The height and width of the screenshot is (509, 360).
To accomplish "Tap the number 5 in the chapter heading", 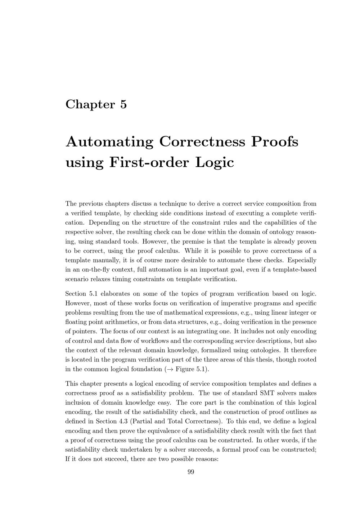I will tap(123, 104).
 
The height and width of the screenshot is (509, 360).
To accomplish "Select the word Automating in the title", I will tap(109, 141).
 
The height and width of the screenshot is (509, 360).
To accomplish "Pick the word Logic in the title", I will tap(215, 163).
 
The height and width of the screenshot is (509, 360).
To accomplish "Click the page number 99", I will tap(191, 472).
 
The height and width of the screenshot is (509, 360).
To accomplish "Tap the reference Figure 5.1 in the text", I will tap(191, 369).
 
